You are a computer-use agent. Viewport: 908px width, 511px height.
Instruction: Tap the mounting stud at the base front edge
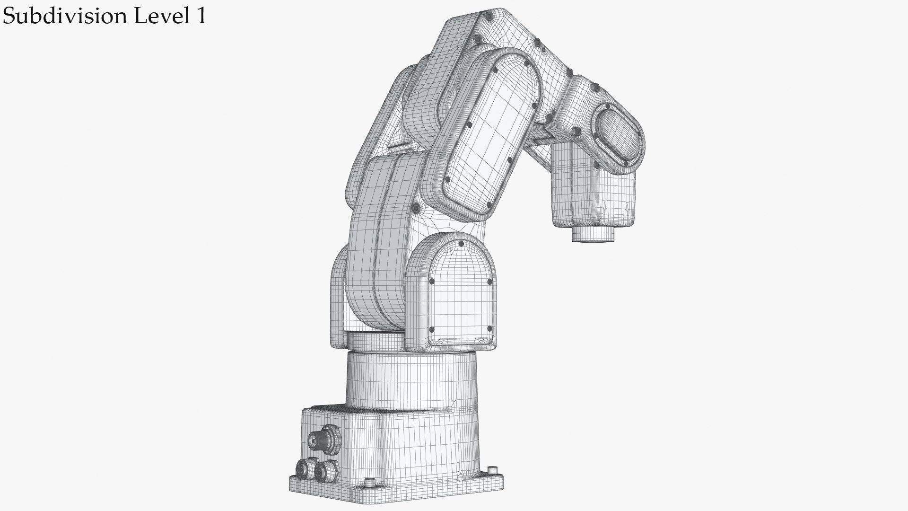click(370, 483)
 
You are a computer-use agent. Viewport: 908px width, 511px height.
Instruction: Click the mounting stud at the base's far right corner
click(493, 470)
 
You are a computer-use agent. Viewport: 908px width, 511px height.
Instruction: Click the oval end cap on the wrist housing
click(617, 134)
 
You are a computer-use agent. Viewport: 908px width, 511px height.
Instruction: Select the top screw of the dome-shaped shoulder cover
click(461, 244)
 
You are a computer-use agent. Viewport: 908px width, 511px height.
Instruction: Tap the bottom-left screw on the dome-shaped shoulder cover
click(431, 330)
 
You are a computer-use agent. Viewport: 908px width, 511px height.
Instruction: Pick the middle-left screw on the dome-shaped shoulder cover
click(431, 282)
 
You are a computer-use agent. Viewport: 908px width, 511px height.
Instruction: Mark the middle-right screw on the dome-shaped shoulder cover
click(489, 282)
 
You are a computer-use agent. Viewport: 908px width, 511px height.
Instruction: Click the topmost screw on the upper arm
click(489, 18)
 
